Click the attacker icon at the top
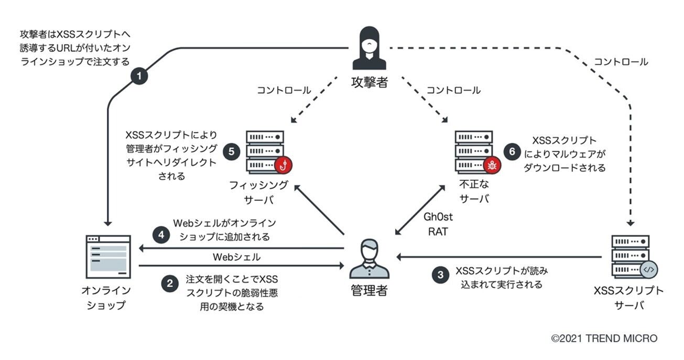[x=370, y=48]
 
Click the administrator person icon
[x=369, y=258]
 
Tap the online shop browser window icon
[x=108, y=257]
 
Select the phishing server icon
[x=265, y=152]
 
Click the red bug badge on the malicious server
[x=492, y=165]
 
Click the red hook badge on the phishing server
[x=283, y=165]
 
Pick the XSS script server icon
[x=631, y=257]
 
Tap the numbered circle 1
[x=139, y=77]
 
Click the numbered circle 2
[x=169, y=284]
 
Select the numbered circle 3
[x=440, y=275]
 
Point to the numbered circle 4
[x=161, y=235]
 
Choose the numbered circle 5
[x=231, y=151]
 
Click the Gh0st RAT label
[x=438, y=224]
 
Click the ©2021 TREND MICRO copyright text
[x=604, y=339]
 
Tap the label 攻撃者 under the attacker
[x=370, y=82]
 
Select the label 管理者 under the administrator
[x=369, y=290]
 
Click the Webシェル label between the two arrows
[x=236, y=257]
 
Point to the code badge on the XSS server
[x=648, y=270]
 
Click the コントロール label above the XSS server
[x=621, y=62]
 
